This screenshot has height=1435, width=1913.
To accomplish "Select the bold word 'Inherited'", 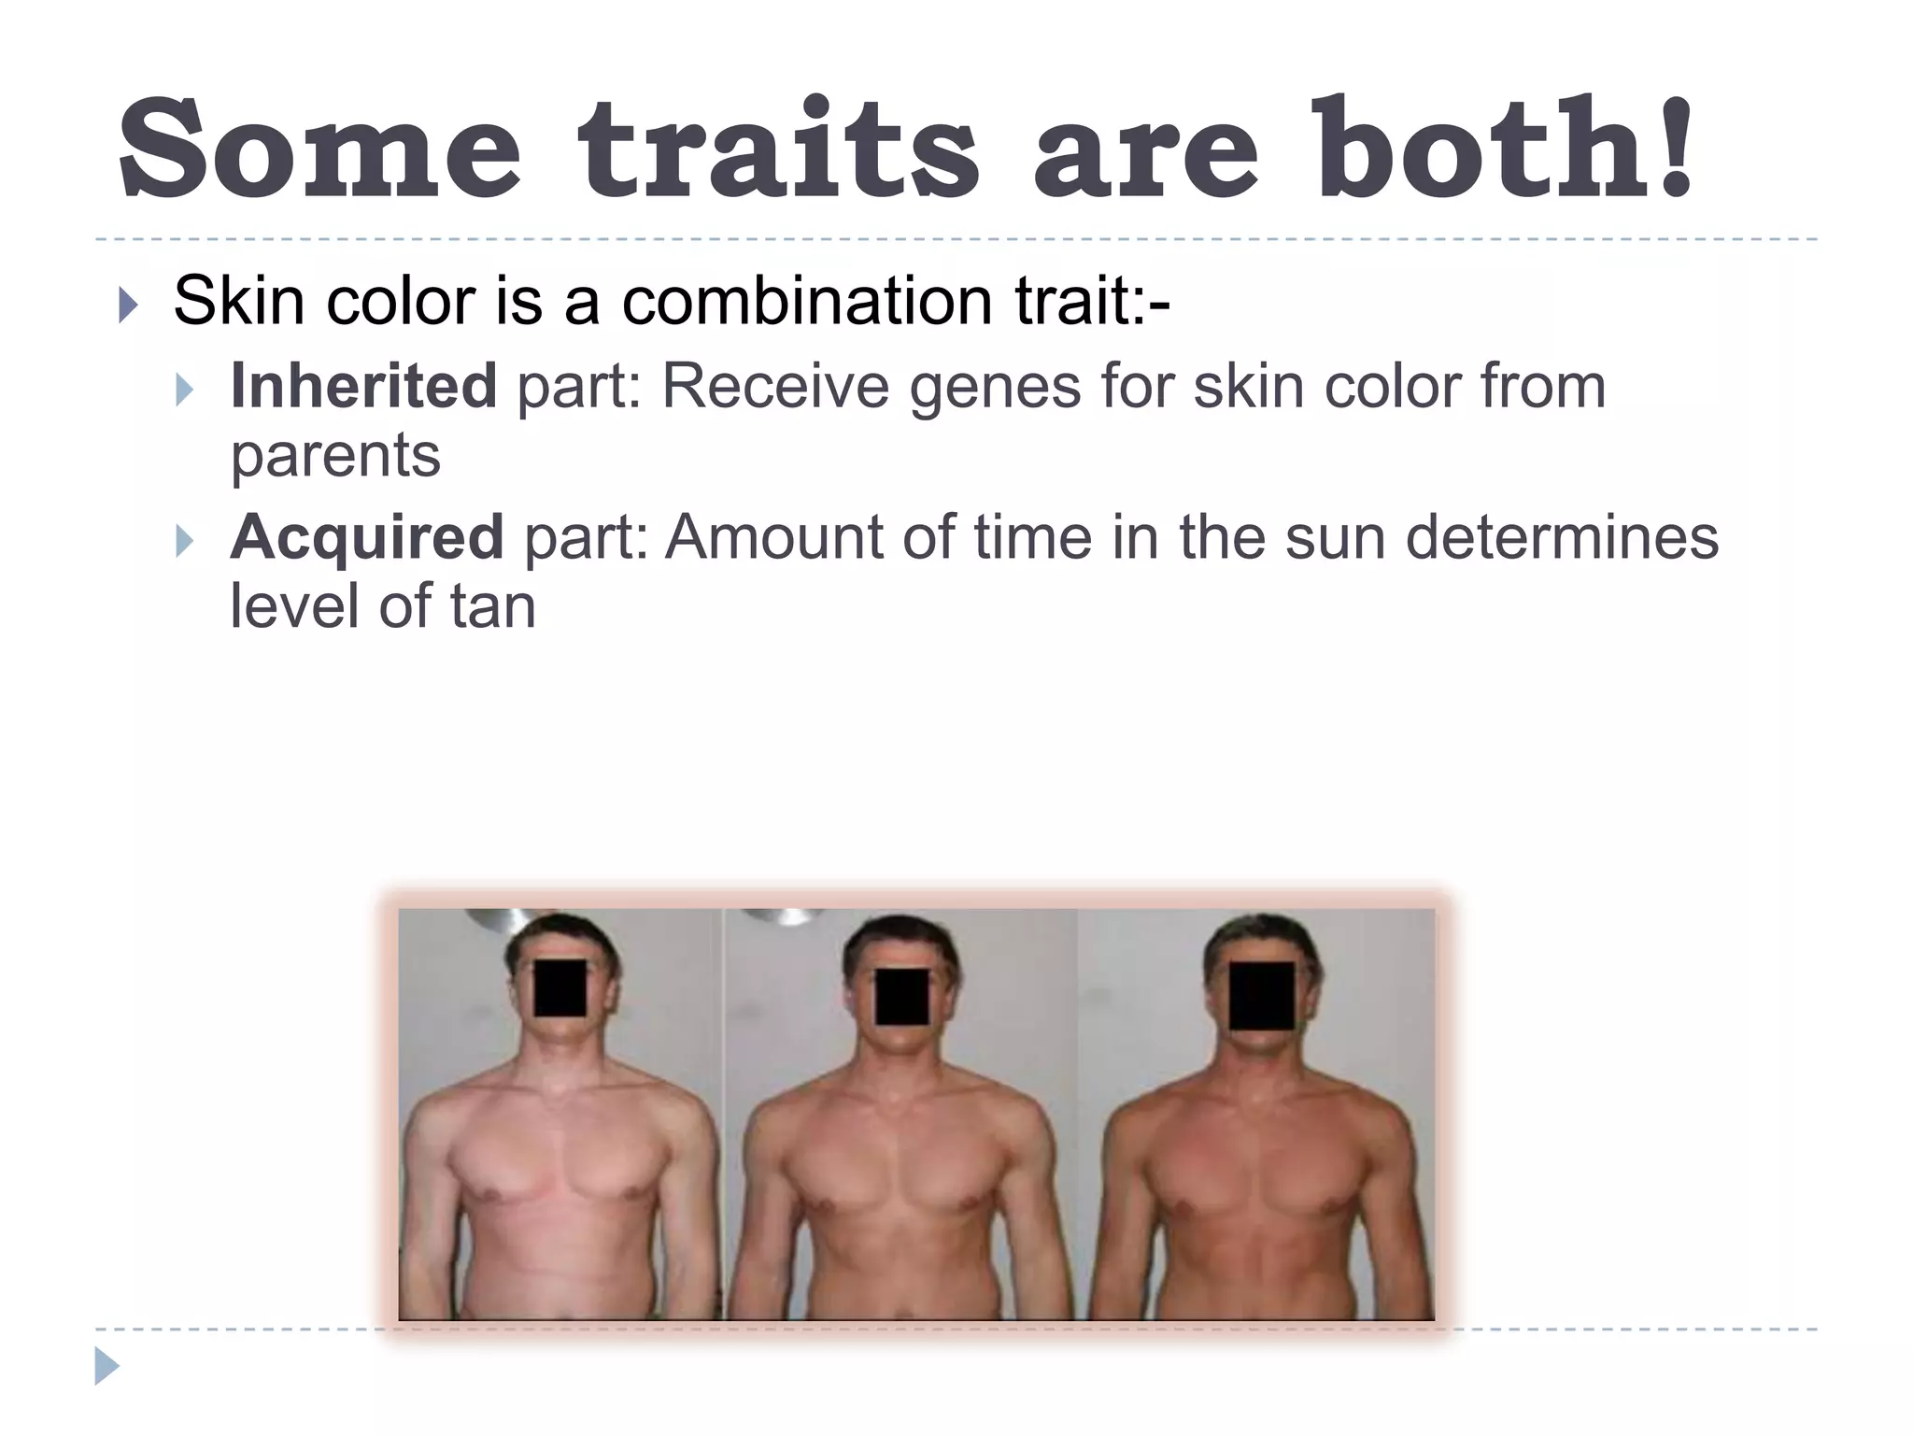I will (363, 386).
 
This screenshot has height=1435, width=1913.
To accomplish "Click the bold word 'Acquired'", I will (367, 537).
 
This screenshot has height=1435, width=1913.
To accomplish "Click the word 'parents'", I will (335, 456).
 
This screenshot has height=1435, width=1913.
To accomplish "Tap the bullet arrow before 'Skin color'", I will (129, 304).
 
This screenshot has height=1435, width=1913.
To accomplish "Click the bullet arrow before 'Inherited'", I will (184, 389).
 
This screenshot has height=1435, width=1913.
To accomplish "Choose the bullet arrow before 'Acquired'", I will (184, 540).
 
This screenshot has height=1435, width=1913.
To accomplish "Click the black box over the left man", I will (560, 987).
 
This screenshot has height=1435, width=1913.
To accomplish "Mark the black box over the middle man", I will (902, 996).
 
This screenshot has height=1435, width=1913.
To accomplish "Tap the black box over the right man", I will (1262, 996).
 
